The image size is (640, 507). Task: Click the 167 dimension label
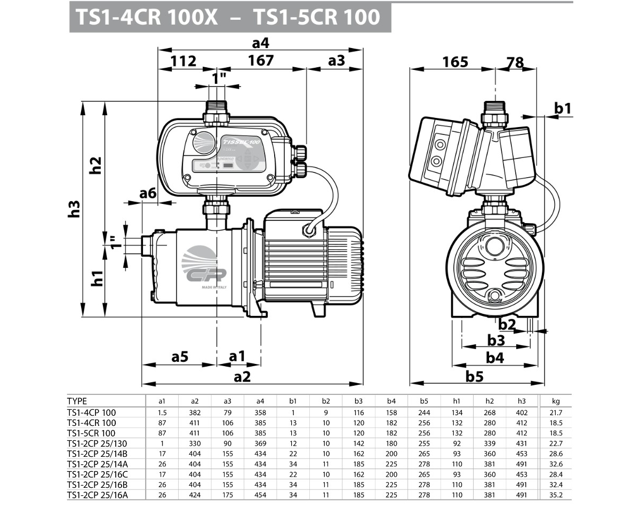pos(261,61)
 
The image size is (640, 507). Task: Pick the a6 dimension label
pos(148,194)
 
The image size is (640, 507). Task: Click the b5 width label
pos(474,376)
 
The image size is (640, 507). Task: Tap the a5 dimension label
pos(180,356)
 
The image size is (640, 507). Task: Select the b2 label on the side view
pos(507,323)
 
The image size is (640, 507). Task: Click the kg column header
pos(555,401)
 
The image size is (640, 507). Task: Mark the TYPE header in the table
pos(77,401)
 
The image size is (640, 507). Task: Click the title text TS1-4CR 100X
pos(147,17)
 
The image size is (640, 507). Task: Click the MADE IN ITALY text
pos(214,287)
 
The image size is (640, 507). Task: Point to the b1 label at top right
pos(562,109)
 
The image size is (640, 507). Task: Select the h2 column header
pos(490,401)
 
